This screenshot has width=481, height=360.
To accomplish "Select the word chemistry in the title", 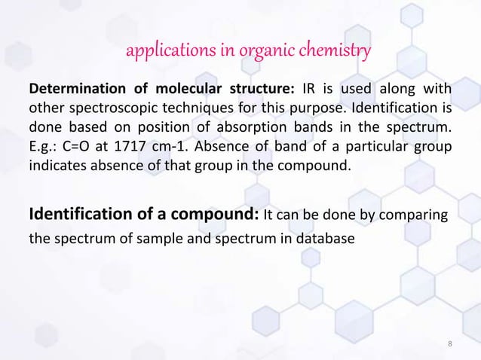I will [335, 52].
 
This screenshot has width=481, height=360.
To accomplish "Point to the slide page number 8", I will [450, 344].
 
